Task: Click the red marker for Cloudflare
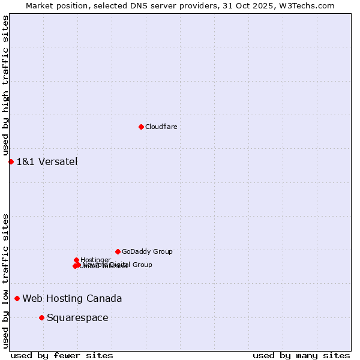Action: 141,127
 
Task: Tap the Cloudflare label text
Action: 161,127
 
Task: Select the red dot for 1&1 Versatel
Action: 11,161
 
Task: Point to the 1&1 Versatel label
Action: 47,161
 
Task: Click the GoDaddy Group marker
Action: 118,251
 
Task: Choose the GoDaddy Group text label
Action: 147,251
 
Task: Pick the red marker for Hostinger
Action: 76,260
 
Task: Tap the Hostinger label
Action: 95,260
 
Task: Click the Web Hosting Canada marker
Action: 17,298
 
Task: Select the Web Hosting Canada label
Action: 72,298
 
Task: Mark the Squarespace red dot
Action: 41,317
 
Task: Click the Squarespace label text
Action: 77,317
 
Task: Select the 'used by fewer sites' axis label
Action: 62,355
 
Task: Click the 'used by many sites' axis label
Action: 301,355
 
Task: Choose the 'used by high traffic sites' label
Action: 6,86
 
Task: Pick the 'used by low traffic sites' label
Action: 6,281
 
